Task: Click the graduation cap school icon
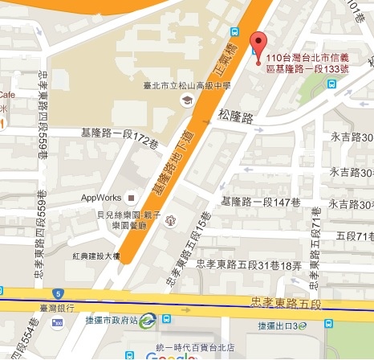(x=186, y=100)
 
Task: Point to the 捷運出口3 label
(x=278, y=325)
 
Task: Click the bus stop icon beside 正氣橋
(x=235, y=32)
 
